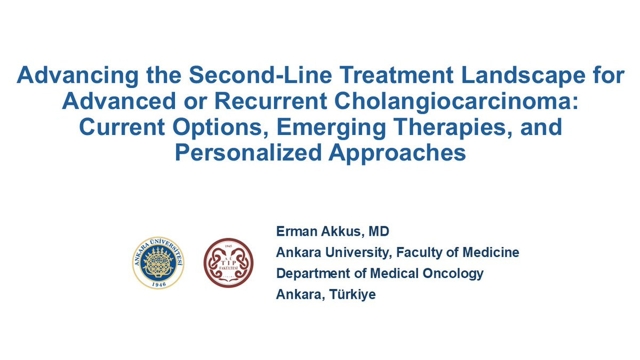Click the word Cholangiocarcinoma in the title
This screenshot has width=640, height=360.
tap(456, 102)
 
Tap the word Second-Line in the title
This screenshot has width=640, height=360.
tap(260, 75)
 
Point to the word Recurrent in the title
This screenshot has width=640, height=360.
tap(271, 101)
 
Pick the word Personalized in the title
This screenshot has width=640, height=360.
tap(249, 154)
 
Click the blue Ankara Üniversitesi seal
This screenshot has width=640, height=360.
tap(158, 262)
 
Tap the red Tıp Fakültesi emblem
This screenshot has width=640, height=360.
tap(228, 262)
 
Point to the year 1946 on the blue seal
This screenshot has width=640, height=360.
tap(159, 284)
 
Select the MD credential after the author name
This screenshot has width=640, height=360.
tap(379, 231)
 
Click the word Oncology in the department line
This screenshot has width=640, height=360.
tap(453, 274)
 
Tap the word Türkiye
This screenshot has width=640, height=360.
tap(353, 294)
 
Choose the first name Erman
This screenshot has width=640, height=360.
tap(297, 231)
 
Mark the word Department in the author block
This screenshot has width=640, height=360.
tap(313, 274)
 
